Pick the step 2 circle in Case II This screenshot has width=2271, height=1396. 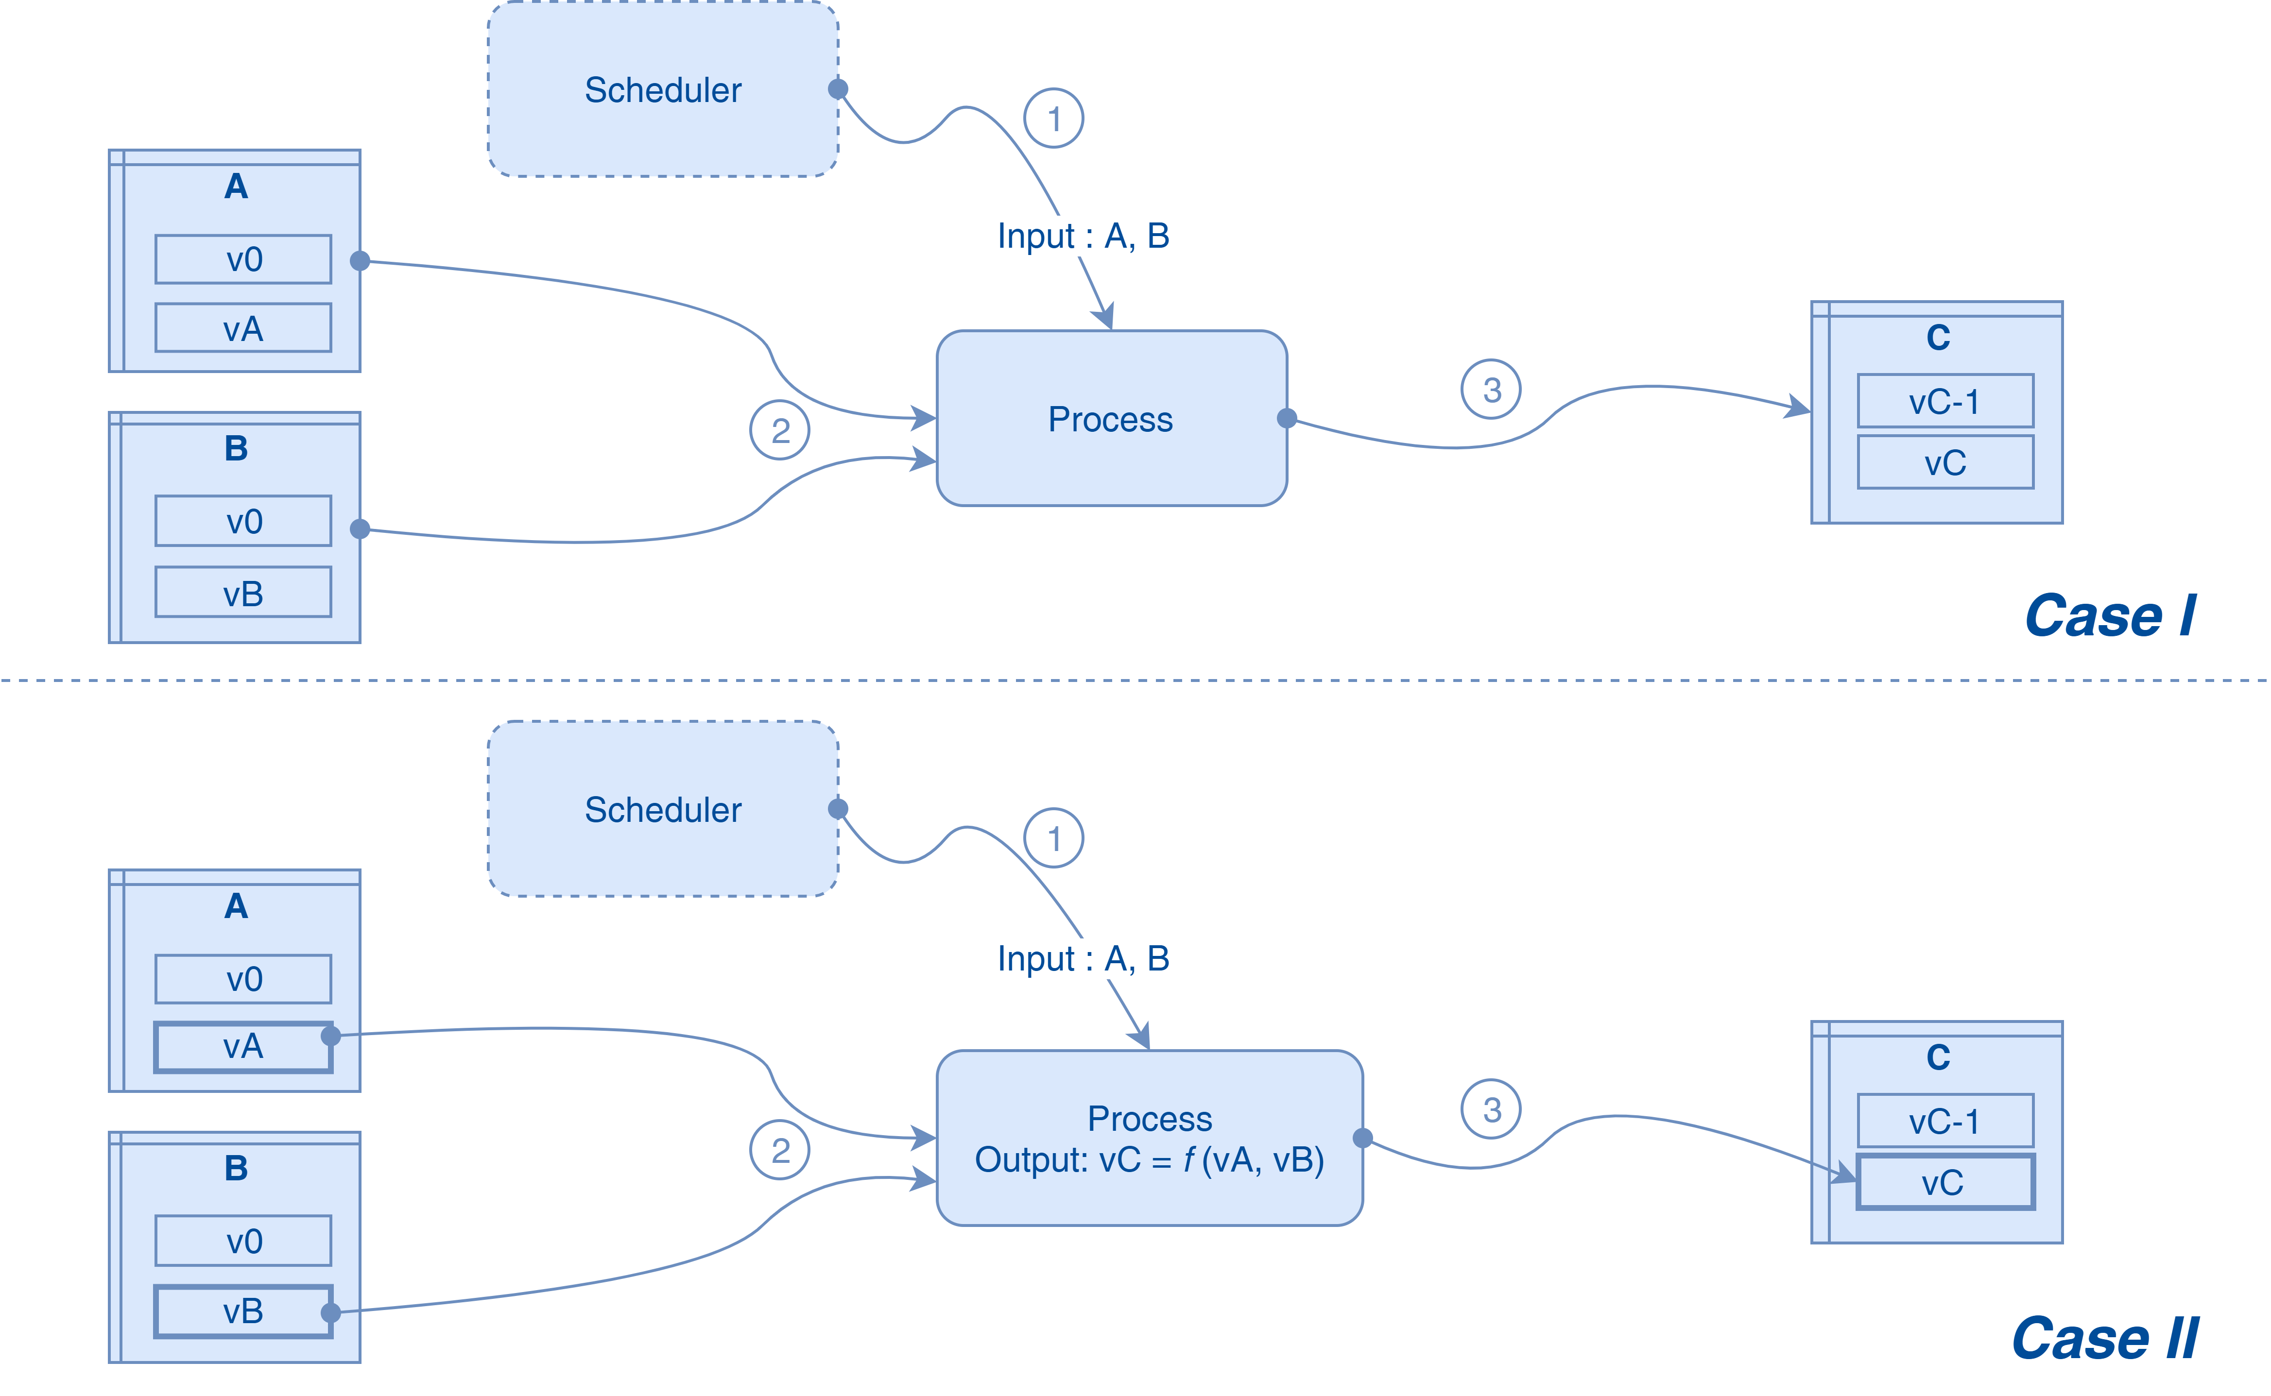pos(780,1150)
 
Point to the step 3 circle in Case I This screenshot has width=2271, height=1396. pos(1491,390)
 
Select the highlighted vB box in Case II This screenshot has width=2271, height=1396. pos(243,1311)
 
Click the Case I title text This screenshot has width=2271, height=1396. pos(2110,616)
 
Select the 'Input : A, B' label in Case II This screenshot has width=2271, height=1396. pos(1083,958)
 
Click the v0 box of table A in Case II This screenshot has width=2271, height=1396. pos(243,979)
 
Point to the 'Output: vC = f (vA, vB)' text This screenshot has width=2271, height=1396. pos(1149,1159)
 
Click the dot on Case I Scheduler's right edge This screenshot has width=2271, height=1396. pos(838,88)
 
